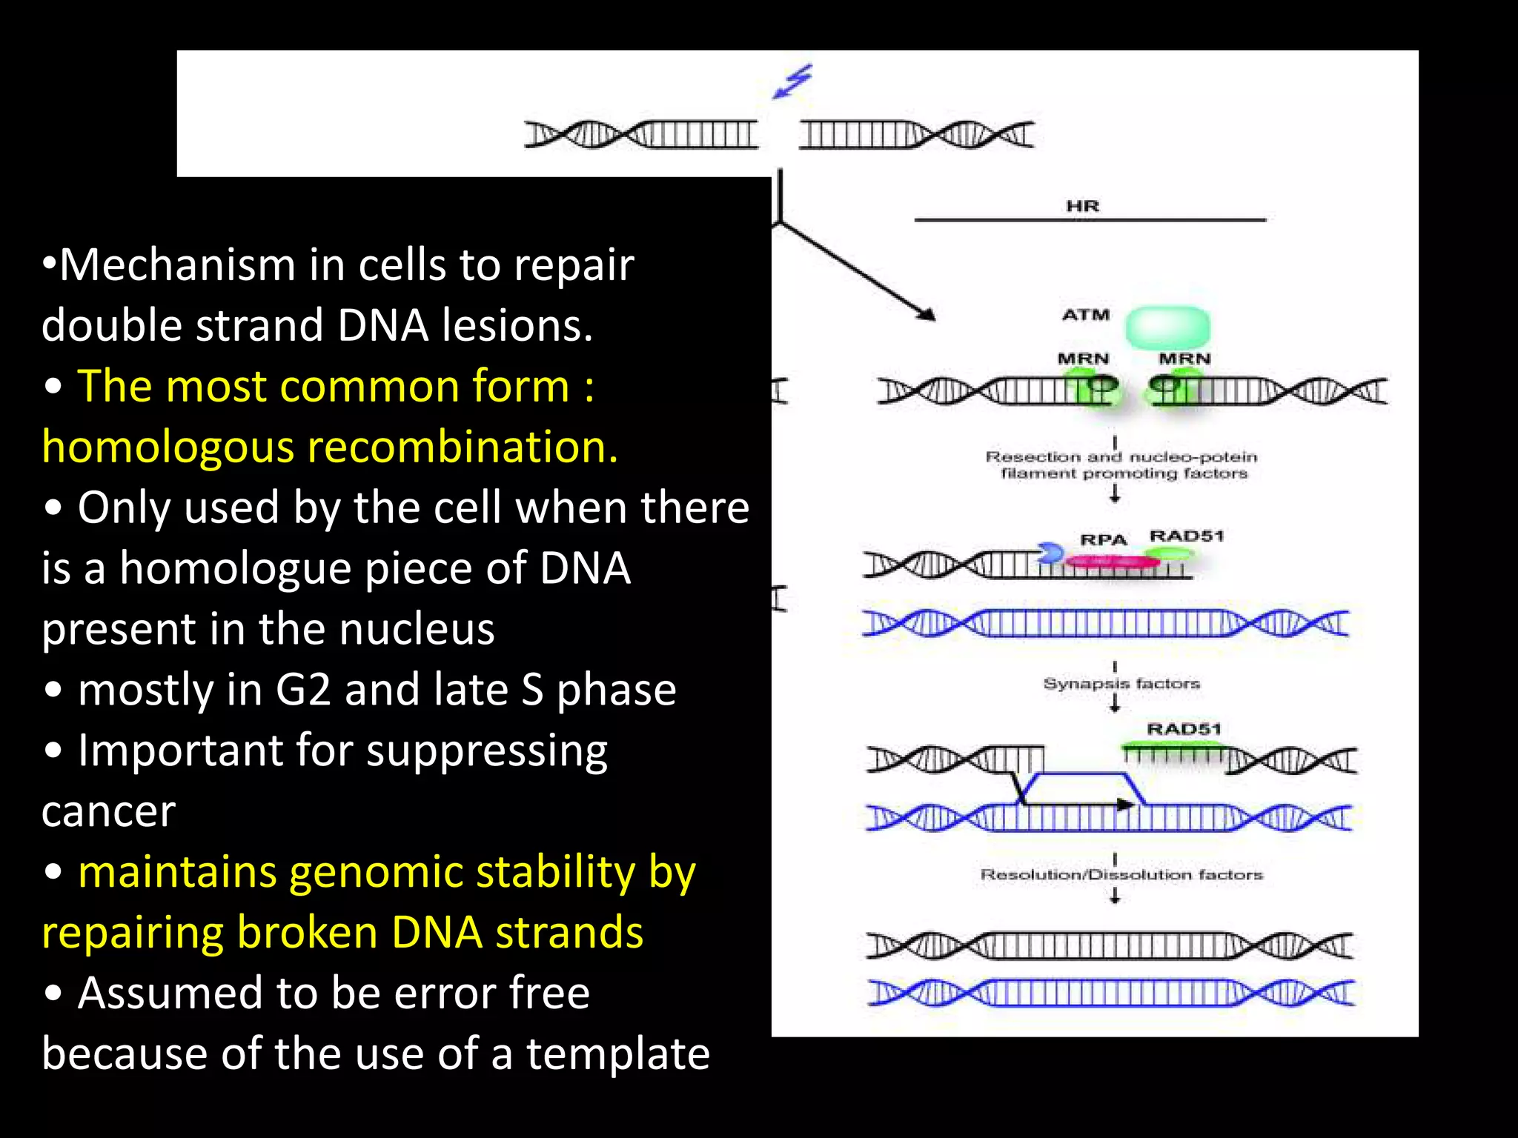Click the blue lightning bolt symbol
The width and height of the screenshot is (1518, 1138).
(x=792, y=81)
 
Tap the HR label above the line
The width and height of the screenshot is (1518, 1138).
(x=1082, y=206)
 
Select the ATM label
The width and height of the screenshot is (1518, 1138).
(x=1086, y=315)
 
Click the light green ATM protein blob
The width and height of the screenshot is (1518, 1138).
(x=1167, y=327)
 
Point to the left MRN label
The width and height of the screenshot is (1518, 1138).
(x=1083, y=359)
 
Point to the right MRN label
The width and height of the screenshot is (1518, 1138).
(x=1184, y=359)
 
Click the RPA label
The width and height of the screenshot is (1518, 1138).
(x=1103, y=540)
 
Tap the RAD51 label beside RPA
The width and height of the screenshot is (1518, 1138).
(x=1186, y=536)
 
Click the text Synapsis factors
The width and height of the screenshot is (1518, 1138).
(x=1121, y=683)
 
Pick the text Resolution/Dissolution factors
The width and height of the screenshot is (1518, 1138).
(x=1121, y=875)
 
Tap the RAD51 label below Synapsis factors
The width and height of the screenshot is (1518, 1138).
(x=1184, y=729)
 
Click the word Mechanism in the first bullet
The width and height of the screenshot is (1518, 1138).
(x=178, y=264)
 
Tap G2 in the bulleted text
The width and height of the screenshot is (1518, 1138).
(x=302, y=690)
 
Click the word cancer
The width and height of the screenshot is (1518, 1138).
(x=109, y=811)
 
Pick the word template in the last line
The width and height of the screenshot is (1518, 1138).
(x=618, y=1054)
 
